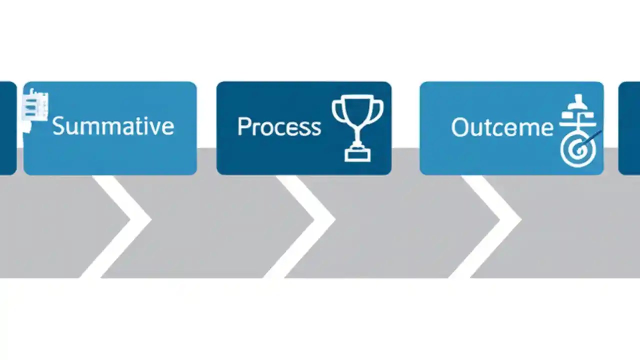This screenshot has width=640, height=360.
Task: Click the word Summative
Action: pos(113,125)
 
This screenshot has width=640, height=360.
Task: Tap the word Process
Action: pos(279,126)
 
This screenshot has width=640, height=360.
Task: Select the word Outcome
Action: pos(502,127)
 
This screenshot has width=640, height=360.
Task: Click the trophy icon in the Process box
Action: pos(357,127)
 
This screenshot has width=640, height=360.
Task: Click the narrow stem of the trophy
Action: pos(357,136)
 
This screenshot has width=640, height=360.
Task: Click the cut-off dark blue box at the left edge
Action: pos(7,128)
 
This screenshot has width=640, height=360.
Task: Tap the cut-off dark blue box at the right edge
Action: pos(630,128)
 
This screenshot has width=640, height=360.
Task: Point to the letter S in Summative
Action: pos(59,125)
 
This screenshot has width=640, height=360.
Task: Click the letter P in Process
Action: pos(244,126)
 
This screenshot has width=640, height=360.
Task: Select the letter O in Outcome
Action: pos(459,127)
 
